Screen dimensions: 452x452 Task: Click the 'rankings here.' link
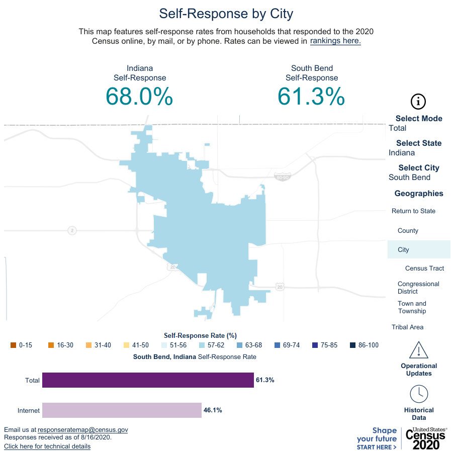[x=335, y=41]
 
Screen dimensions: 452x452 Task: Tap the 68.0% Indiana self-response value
[x=139, y=96]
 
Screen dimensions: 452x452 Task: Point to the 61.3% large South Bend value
[x=311, y=96]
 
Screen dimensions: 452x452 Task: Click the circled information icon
[x=419, y=101]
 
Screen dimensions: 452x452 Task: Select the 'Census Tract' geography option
[x=424, y=268]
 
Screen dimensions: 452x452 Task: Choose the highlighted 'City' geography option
[x=403, y=250]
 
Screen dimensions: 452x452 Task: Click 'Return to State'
[x=413, y=211]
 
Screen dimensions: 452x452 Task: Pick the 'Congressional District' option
[x=418, y=288]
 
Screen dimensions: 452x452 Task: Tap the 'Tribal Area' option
[x=407, y=327]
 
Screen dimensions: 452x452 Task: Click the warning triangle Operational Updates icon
[x=419, y=350]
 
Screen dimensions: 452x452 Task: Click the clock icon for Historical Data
[x=419, y=394]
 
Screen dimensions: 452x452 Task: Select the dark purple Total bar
[x=148, y=380]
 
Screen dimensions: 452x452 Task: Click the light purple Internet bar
[x=122, y=410]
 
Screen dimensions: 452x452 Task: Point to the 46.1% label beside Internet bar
[x=213, y=410]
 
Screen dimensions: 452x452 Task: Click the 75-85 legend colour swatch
[x=315, y=345]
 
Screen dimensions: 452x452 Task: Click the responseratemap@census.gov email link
[x=83, y=430]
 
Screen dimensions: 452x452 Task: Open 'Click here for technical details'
[x=47, y=446]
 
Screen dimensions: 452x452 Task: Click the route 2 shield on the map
[x=72, y=230]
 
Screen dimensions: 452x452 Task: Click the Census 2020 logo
[x=426, y=438]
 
